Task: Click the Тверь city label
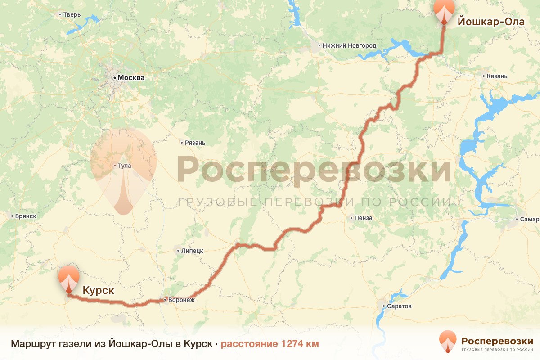tap(72, 14)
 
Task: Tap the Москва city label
tap(131, 78)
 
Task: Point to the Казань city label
tap(497, 76)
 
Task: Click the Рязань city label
tap(195, 143)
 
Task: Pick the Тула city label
tap(125, 166)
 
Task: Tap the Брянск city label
tap(25, 216)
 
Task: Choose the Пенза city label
tap(364, 218)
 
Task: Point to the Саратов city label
tap(399, 306)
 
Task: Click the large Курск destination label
tap(98, 291)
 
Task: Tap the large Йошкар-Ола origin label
tap(491, 21)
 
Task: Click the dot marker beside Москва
tap(114, 78)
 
